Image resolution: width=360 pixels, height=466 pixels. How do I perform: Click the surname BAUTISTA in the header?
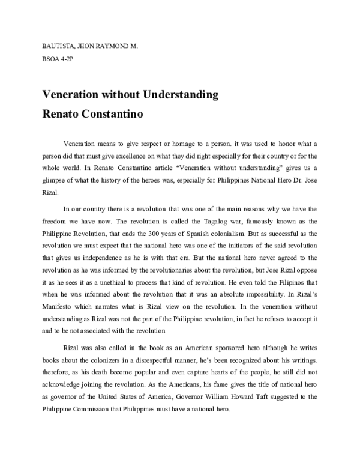[58, 44]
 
